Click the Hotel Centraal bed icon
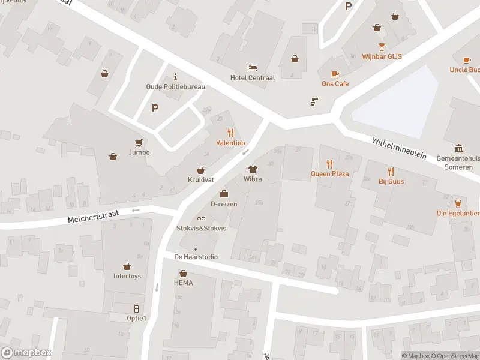coord(253,68)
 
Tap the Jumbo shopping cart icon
coord(139,142)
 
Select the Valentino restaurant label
coord(230,143)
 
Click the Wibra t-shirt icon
coord(253,169)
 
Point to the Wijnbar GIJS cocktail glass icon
coord(382,47)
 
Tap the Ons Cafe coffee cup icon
coord(335,74)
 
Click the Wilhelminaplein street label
coord(399,147)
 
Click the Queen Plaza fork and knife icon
coord(329,164)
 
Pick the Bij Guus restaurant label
coord(391,181)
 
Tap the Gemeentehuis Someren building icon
coord(458,149)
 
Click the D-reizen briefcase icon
coord(224,194)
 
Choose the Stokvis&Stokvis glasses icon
coord(201,218)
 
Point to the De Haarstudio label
coord(196,257)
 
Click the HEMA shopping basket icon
coord(183,273)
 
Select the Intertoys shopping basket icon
coord(127,266)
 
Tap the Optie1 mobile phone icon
coord(136,308)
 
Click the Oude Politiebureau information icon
coord(175,77)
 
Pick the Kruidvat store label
coord(201,179)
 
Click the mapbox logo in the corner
coord(26,353)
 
